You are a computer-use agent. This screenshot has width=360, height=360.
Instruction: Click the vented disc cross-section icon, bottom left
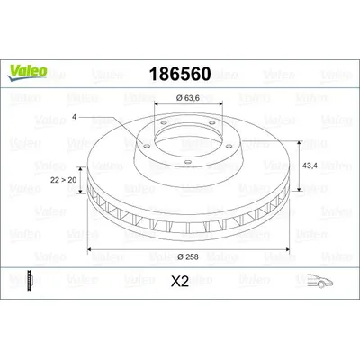[32, 282]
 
